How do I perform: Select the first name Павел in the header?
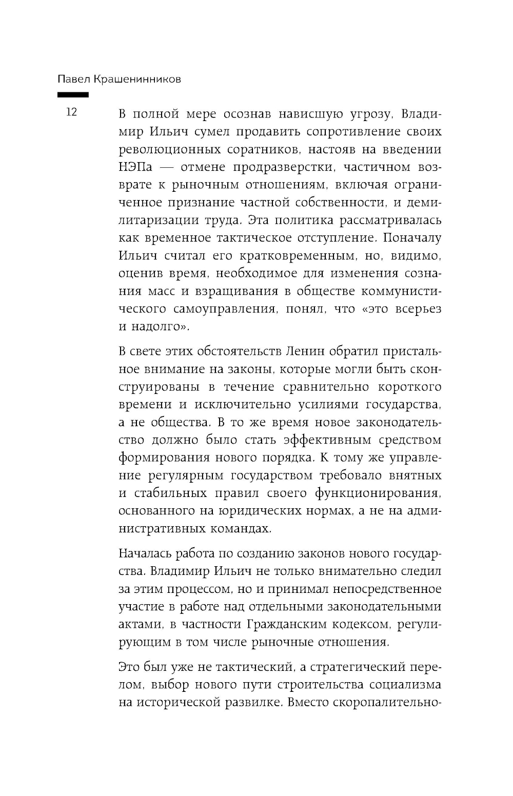(73, 79)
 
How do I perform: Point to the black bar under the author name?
(73, 95)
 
